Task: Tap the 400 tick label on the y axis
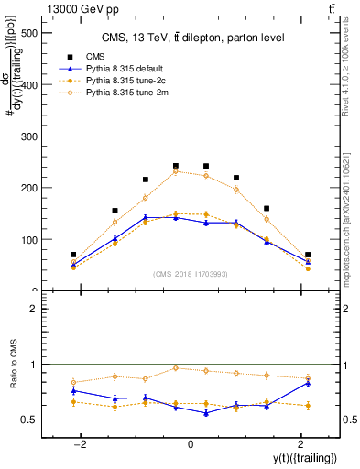(27, 85)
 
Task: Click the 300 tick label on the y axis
(27, 136)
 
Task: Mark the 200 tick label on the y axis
(27, 188)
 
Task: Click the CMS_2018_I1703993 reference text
(191, 274)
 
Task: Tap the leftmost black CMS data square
(73, 255)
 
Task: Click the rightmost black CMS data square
(308, 255)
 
